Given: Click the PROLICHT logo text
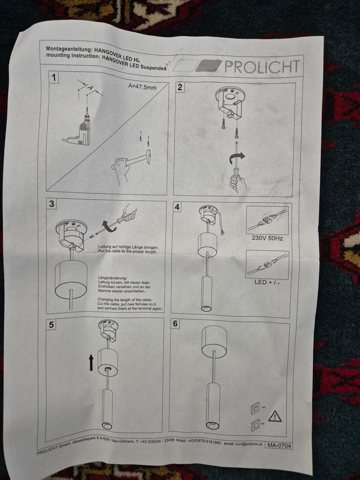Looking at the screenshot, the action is pos(262,66).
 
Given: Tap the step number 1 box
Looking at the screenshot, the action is pos(54,77).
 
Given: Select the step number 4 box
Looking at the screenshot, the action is pos(177,206).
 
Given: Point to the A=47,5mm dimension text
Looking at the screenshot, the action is pos(142,87).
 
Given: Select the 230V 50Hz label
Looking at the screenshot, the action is pos(267,238).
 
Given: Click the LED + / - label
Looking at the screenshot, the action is pos(267,282).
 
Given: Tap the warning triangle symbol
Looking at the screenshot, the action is pos(275,415).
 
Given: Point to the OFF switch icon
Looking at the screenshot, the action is pos(255,408).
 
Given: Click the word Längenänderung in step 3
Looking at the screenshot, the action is pos(112,278).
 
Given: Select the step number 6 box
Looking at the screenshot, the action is pos(175,323).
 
